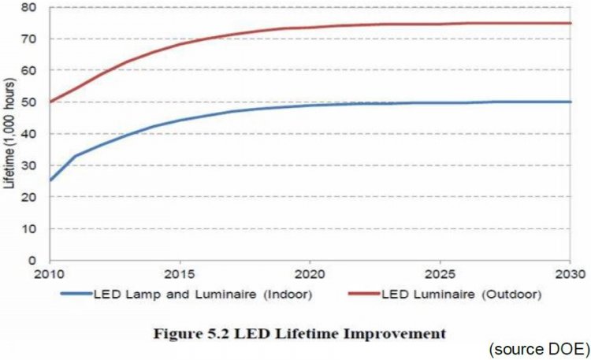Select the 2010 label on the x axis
50,275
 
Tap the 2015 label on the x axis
180,275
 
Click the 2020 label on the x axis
310,275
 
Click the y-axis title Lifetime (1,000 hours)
11,134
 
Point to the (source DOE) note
537,349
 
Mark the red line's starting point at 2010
50,102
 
